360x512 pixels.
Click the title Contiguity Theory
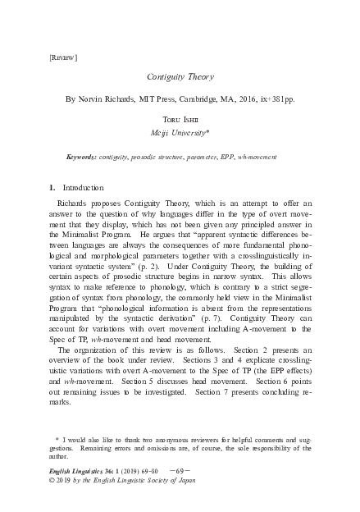click(x=180, y=75)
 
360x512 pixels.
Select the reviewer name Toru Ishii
click(x=180, y=119)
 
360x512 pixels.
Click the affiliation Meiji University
click(x=178, y=132)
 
